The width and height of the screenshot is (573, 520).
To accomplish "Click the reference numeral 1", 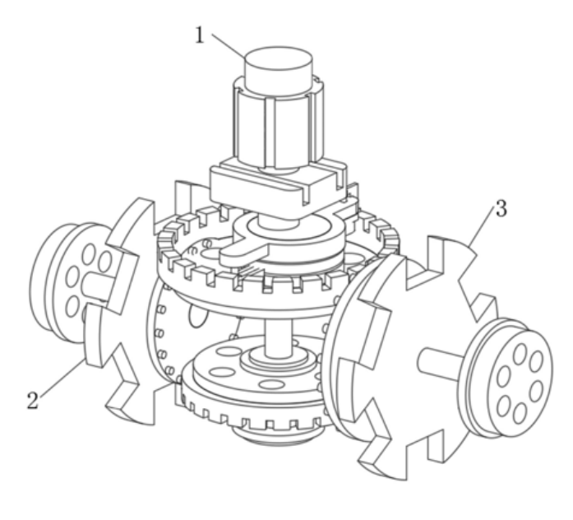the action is [200, 35].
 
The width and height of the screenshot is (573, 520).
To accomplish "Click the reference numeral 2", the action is [33, 401].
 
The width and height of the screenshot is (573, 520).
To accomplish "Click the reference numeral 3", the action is [501, 209].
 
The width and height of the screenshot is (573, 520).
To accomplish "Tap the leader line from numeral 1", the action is [229, 46].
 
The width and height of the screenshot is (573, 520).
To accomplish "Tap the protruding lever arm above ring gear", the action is [244, 253].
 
